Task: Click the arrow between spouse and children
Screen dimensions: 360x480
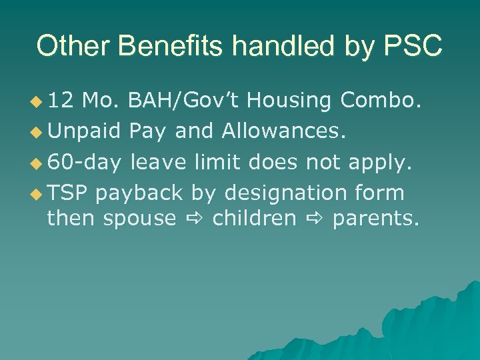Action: (194, 219)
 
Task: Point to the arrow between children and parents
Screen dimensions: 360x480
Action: (313, 219)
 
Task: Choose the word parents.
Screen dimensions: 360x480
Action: (375, 219)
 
